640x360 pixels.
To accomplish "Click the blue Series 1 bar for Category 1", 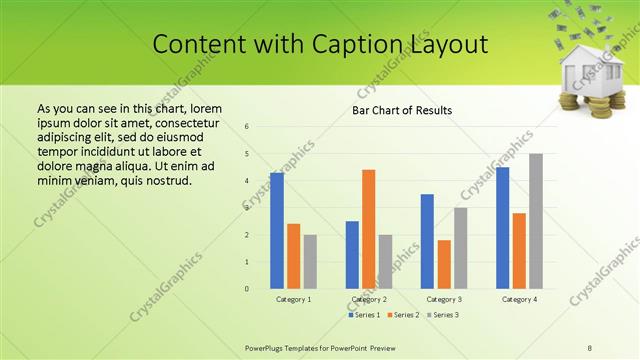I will tap(277, 231).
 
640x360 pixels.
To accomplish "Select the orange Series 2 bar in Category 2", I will tap(369, 229).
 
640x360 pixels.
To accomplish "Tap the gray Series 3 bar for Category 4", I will tap(536, 221).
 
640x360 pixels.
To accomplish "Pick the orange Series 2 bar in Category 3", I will tap(444, 264).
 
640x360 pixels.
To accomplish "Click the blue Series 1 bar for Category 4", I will tap(502, 228).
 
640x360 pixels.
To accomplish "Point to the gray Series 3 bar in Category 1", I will tap(310, 262).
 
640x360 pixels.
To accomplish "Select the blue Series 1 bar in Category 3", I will tap(427, 241).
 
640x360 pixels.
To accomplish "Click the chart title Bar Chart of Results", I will tap(402, 110).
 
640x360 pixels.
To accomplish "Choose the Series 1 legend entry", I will tap(363, 315).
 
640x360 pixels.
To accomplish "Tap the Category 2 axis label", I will tap(369, 299).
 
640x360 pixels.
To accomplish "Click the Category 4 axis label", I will tap(519, 299).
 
